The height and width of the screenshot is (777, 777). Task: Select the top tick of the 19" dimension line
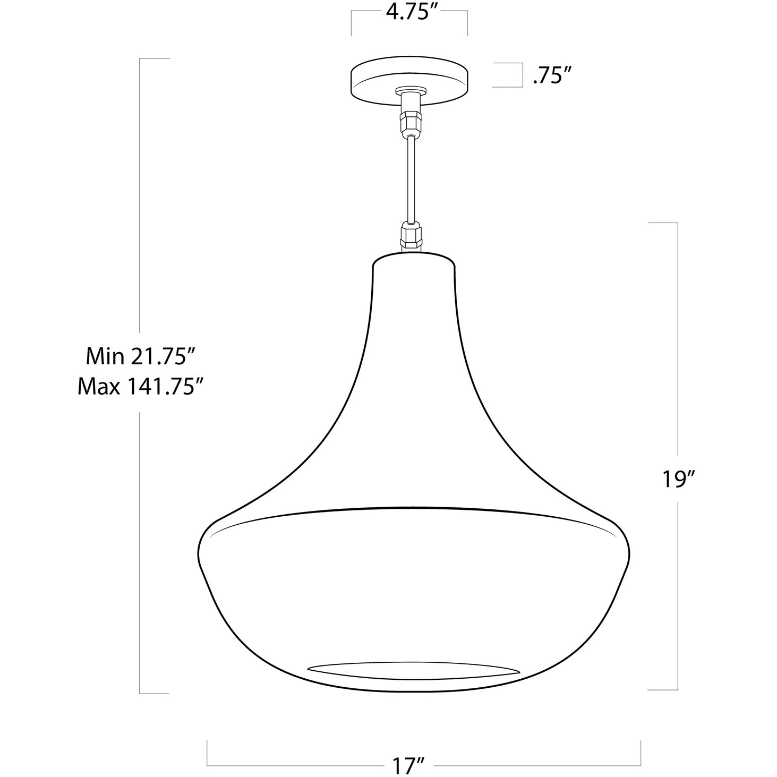coord(662,223)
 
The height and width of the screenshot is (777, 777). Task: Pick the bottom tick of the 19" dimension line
coord(662,689)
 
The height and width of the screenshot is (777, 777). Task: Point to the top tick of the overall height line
coord(154,58)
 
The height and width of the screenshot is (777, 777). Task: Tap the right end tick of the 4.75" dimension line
coord(467,22)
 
